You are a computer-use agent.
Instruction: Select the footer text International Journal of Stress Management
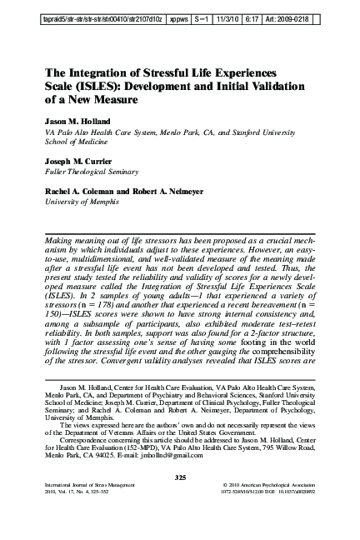pos(83,485)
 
